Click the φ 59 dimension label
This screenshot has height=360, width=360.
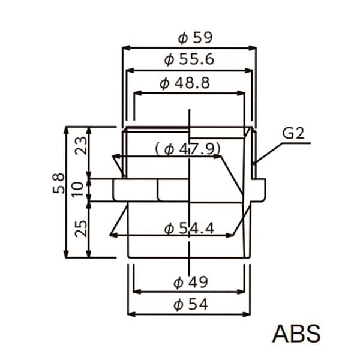pos(196,38)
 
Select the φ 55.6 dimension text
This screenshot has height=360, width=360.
pos(189,59)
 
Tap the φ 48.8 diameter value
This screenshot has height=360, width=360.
pos(185,83)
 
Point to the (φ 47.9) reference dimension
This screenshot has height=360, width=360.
pos(188,149)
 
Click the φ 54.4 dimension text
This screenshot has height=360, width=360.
pos(189,229)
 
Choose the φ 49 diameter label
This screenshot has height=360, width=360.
pos(191,282)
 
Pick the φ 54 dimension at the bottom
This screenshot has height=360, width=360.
pos(191,304)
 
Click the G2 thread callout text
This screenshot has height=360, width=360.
pos(293,133)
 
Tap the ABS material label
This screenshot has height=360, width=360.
pos(296,334)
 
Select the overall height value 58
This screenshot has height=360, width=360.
pos(58,183)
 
